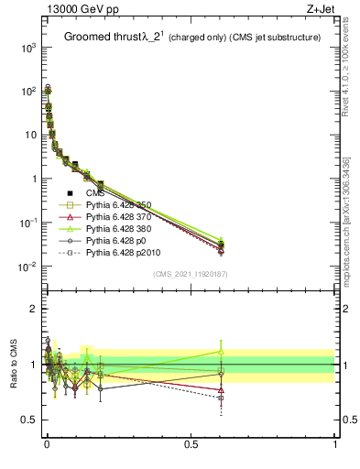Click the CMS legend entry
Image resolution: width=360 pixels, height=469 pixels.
click(96, 193)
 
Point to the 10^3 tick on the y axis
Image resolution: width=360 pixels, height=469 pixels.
click(27, 48)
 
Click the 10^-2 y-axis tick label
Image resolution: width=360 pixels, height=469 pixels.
click(27, 267)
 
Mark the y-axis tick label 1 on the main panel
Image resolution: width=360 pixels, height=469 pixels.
click(34, 180)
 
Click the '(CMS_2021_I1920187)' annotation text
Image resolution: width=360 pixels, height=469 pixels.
click(191, 274)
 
